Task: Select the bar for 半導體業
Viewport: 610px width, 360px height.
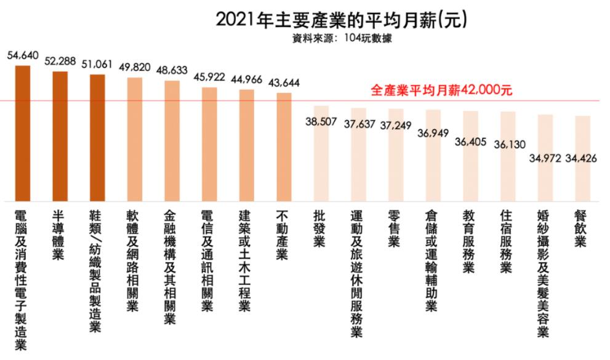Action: pos(60,135)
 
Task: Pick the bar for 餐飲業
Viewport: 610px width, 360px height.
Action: pos(582,158)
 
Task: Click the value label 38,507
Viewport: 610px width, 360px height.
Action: pos(321,121)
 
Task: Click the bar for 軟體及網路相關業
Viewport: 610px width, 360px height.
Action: pos(134,138)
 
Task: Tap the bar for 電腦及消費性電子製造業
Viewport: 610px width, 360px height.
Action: pos(23,132)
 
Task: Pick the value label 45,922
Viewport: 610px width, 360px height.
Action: pos(209,78)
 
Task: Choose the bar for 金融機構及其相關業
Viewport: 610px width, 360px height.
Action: pos(172,140)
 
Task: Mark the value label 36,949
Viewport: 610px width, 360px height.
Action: pos(433,132)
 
